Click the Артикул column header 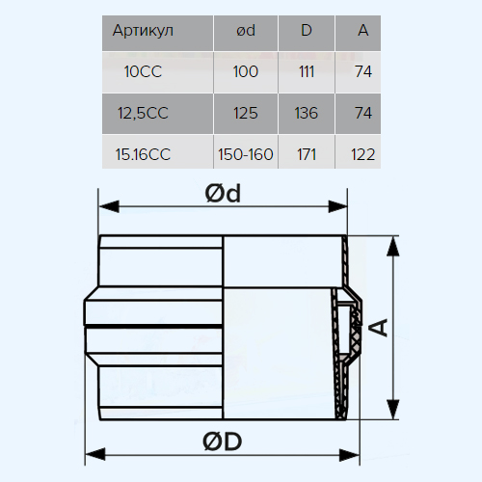[143, 31]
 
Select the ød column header [246, 31]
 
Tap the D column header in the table [307, 31]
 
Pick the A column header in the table [363, 31]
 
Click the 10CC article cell [143, 71]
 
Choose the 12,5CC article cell [143, 114]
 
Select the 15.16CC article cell [143, 154]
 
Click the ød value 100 [246, 71]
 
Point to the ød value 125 [246, 113]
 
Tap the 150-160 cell [246, 154]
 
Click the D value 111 [307, 71]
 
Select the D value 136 [307, 113]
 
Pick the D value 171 [307, 154]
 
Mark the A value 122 [363, 154]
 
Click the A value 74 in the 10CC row [363, 71]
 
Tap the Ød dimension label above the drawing [223, 194]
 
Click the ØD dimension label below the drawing [223, 442]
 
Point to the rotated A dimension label [382, 328]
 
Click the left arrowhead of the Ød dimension [109, 206]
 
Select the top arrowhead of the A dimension [392, 247]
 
